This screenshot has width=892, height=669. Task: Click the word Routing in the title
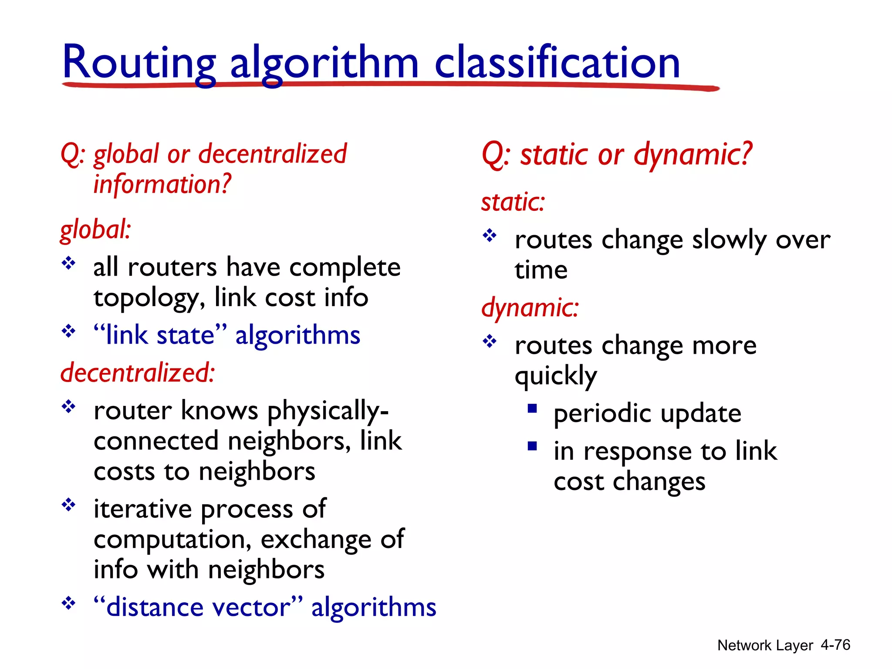139,63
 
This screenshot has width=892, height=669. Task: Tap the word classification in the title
557,63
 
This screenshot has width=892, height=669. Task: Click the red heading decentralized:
137,373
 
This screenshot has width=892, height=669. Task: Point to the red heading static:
513,202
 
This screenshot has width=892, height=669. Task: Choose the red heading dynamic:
530,307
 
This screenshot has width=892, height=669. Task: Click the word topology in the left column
146,299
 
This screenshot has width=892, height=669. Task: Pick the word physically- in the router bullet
328,411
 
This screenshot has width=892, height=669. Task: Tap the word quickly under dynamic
555,376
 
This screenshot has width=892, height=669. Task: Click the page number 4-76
835,645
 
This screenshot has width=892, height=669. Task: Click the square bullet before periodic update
532,409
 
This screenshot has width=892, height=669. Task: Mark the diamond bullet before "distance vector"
68,604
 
